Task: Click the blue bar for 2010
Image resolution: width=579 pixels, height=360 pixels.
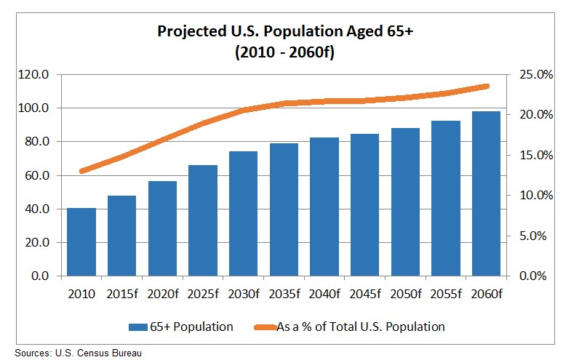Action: pyautogui.click(x=81, y=242)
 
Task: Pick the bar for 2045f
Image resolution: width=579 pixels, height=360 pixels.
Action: pyautogui.click(x=364, y=205)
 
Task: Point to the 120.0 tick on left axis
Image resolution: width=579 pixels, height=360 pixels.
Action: pyautogui.click(x=34, y=75)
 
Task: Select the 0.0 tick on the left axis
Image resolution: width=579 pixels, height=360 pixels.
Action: pyautogui.click(x=40, y=276)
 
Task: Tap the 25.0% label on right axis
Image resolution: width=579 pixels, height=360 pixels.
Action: pyautogui.click(x=533, y=75)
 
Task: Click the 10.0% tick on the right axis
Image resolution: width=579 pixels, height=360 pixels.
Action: pyautogui.click(x=533, y=196)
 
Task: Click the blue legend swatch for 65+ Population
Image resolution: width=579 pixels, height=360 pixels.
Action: pyautogui.click(x=138, y=327)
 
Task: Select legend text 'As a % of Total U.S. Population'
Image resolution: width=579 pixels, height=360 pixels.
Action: pyautogui.click(x=361, y=327)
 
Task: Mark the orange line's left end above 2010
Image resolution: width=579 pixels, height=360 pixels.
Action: pyautogui.click(x=82, y=172)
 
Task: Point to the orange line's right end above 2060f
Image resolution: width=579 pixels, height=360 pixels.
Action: pyautogui.click(x=487, y=86)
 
